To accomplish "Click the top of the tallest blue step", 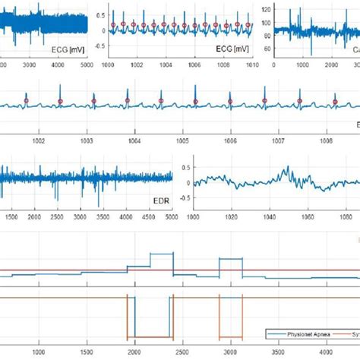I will pyautogui.click(x=162, y=253).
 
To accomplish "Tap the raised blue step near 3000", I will pyautogui.click(x=230, y=259).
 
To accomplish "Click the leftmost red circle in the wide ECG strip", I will pyautogui.click(x=25, y=101).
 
